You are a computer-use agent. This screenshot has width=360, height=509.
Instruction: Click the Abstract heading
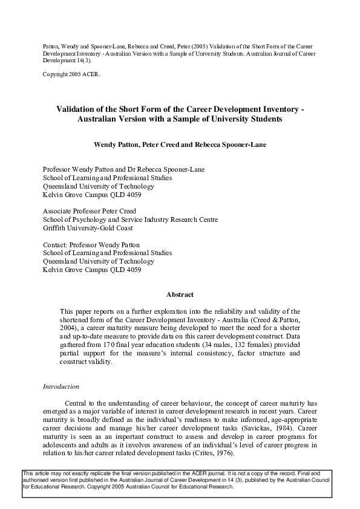pyautogui.click(x=180, y=294)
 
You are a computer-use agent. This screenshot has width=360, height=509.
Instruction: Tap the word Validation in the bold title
pyautogui.click(x=76, y=109)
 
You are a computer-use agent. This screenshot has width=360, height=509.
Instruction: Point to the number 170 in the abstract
pyautogui.click(x=108, y=344)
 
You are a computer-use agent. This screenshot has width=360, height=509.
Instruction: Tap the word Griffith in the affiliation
pyautogui.click(x=56, y=229)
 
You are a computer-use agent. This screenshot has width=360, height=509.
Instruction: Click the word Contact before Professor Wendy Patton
pyautogui.click(x=56, y=245)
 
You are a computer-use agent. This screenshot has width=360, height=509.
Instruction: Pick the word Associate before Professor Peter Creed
pyautogui.click(x=59, y=212)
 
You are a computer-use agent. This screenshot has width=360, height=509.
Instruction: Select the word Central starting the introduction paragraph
pyautogui.click(x=77, y=403)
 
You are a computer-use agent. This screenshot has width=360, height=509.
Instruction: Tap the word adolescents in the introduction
pyautogui.click(x=60, y=445)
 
